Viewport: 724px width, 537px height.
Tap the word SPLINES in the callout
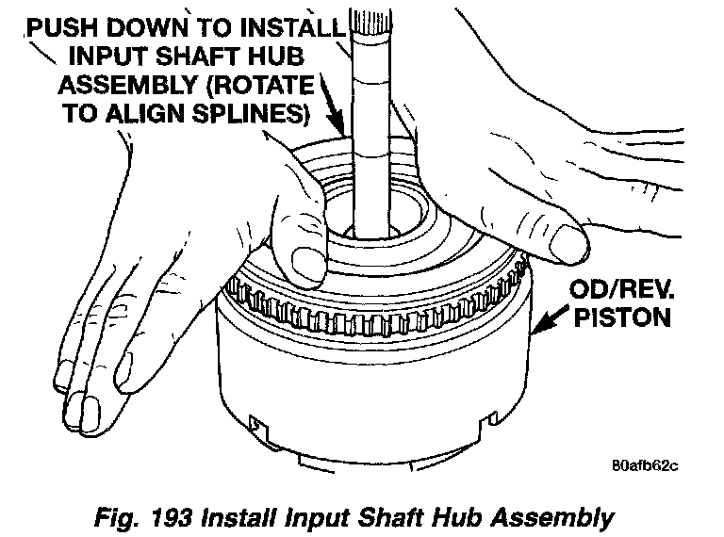pyautogui.click(x=250, y=113)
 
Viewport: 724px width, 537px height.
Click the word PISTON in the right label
pyautogui.click(x=622, y=317)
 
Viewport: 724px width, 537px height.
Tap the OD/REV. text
pyautogui.click(x=621, y=290)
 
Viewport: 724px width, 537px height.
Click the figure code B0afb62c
pyautogui.click(x=645, y=465)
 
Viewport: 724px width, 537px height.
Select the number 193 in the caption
pyautogui.click(x=172, y=517)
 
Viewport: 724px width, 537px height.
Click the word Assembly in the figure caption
pyautogui.click(x=552, y=518)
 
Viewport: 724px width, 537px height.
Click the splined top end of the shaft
pyautogui.click(x=370, y=23)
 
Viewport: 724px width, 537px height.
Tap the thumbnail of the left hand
pyautogui.click(x=305, y=265)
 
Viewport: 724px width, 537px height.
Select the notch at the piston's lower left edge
pyautogui.click(x=257, y=426)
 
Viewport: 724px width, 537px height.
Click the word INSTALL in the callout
pyautogui.click(x=293, y=27)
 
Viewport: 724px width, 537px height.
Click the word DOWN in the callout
pyautogui.click(x=148, y=27)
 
